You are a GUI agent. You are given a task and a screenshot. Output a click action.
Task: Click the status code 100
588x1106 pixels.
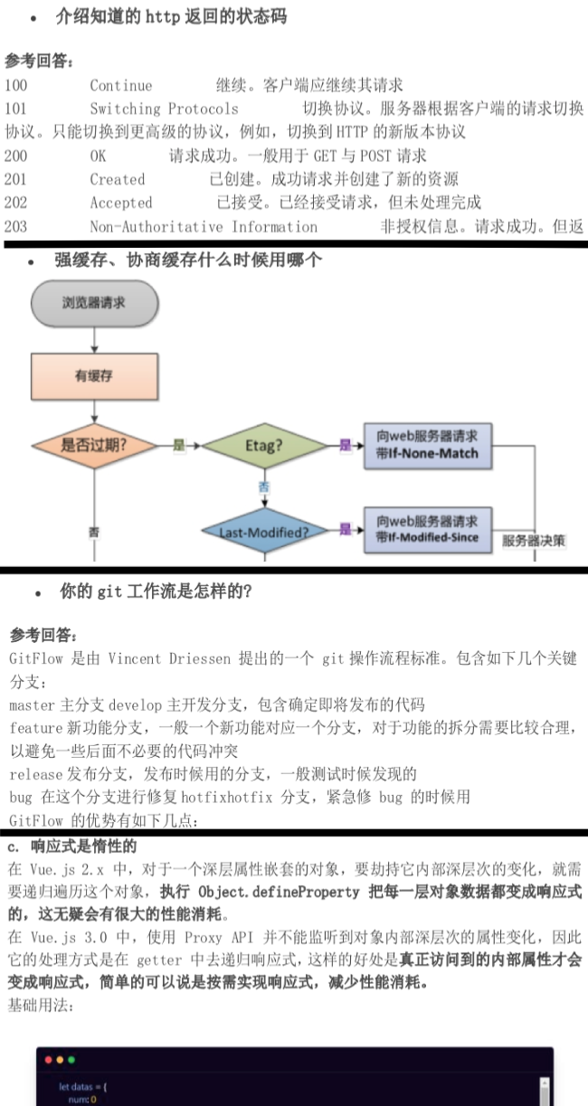[15, 86]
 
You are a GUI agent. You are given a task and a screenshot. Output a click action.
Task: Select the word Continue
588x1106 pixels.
[121, 86]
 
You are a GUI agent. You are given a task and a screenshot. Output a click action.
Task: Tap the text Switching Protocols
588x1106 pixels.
[164, 109]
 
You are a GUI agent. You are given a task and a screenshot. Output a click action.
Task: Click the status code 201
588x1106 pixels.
[15, 179]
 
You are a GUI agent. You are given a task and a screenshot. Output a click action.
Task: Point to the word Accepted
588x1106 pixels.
[121, 203]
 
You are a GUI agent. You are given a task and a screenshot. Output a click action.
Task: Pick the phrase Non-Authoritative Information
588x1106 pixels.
[204, 226]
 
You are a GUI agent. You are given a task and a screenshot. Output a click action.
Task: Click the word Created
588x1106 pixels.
[118, 179]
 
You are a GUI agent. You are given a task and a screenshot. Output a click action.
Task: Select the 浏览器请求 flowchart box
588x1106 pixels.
[94, 303]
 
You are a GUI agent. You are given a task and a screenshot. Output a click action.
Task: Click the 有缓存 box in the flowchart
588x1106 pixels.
[94, 376]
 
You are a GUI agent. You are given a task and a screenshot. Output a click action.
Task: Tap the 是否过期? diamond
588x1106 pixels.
[94, 445]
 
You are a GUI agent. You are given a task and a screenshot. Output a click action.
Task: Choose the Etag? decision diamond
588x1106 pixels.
[263, 445]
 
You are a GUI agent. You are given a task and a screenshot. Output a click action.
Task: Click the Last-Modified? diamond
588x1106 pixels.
[263, 532]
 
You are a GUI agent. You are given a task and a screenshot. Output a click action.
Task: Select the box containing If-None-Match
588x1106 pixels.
[427, 444]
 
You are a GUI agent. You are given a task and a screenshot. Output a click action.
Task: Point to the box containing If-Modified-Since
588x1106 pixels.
[427, 530]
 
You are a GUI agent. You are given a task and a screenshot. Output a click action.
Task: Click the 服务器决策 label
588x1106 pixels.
[535, 541]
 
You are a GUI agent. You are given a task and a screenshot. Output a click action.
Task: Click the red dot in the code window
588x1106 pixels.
[48, 1060]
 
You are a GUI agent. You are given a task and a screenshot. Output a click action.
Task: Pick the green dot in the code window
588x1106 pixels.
[71, 1060]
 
